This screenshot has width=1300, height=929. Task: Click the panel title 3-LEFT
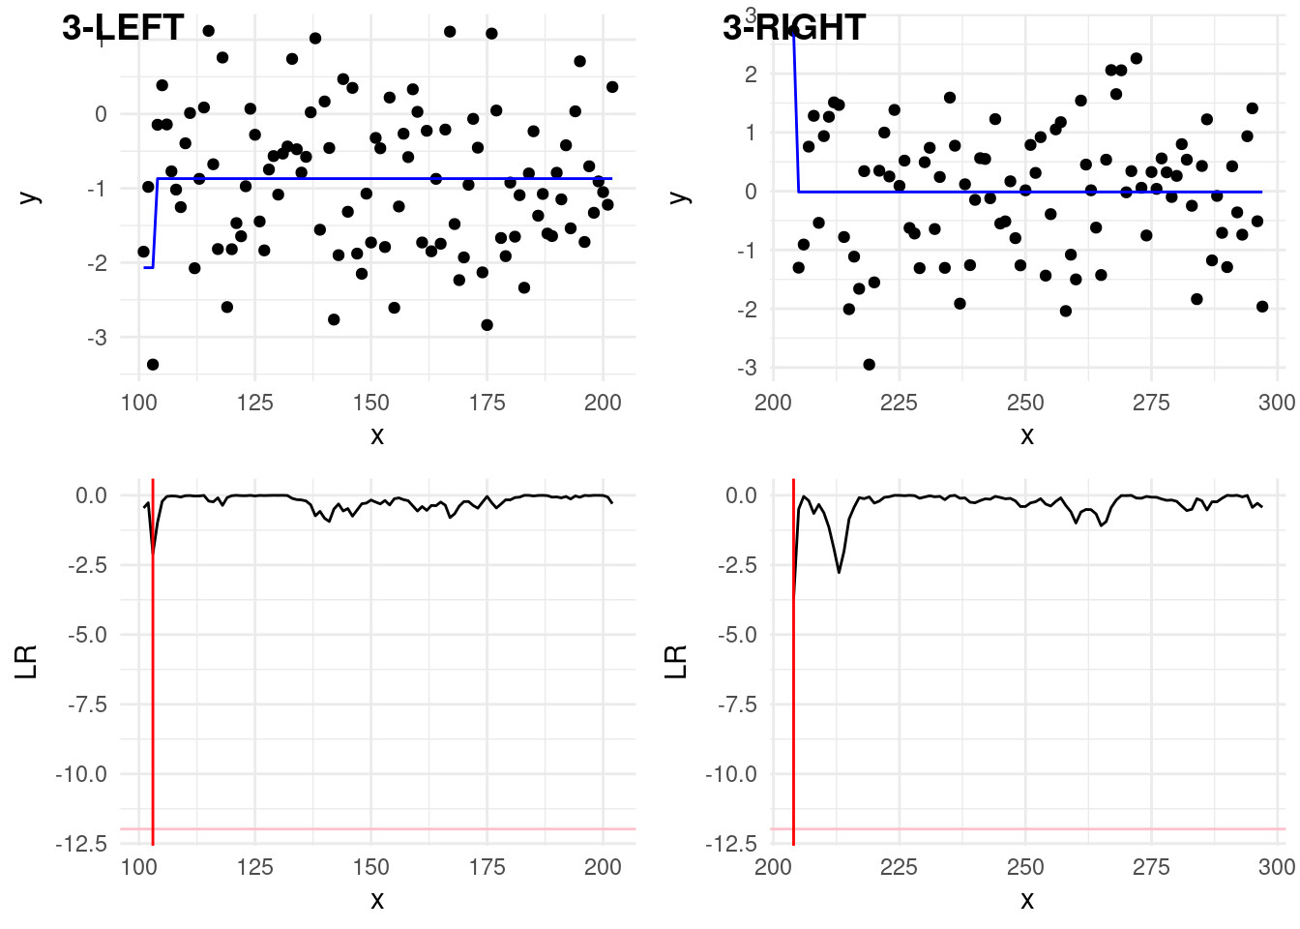[x=123, y=28]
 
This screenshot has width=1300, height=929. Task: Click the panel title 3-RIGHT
[x=794, y=28]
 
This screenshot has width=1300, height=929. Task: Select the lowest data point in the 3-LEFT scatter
[x=153, y=365]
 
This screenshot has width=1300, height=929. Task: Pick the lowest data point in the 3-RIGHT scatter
[x=869, y=365]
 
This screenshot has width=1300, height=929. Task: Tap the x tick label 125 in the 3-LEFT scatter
[x=254, y=403]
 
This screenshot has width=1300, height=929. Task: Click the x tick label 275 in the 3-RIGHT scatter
[x=1151, y=403]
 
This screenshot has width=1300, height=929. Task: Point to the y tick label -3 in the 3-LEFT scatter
[x=97, y=338]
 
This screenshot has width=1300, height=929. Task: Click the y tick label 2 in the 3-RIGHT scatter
[x=752, y=75]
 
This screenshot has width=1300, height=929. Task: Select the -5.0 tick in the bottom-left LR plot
[x=88, y=635]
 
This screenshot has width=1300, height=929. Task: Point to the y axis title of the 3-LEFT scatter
[x=30, y=196]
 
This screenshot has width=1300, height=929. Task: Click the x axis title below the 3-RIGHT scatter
[x=1027, y=436]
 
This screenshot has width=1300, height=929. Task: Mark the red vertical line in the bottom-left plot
[x=153, y=677]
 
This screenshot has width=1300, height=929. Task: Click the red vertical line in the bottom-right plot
[x=793, y=677]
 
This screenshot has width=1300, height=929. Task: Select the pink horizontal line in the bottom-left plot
[x=387, y=828]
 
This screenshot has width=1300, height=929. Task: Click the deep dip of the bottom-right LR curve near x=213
[x=839, y=571]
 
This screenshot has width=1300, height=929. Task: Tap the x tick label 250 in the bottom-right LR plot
[x=1025, y=867]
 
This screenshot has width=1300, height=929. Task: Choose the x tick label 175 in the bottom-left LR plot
[x=487, y=867]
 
